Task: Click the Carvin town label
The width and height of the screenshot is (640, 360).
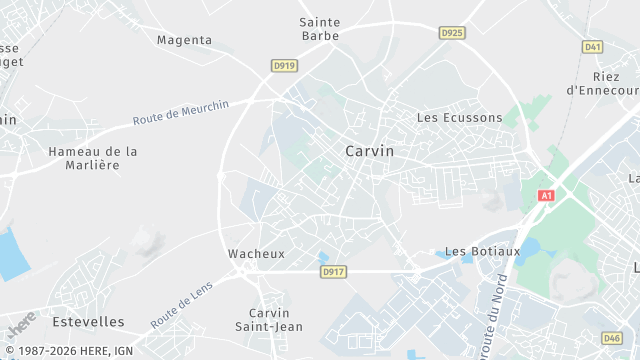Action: pyautogui.click(x=368, y=151)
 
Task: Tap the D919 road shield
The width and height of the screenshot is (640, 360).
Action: pyautogui.click(x=284, y=66)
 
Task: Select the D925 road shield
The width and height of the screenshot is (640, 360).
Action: pyautogui.click(x=452, y=33)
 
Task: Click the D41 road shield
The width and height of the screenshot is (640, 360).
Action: pyautogui.click(x=593, y=47)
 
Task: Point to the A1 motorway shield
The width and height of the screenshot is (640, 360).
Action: pyautogui.click(x=546, y=196)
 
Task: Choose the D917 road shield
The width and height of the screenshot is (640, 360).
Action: pyautogui.click(x=333, y=271)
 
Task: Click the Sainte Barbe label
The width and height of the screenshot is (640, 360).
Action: pyautogui.click(x=320, y=29)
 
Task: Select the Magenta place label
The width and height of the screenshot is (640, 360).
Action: pyautogui.click(x=185, y=40)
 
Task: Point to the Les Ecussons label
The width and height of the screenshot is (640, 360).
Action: pyautogui.click(x=459, y=118)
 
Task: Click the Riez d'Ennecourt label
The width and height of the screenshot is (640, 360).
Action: pyautogui.click(x=605, y=83)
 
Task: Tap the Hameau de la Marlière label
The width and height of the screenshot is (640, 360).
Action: pyautogui.click(x=93, y=158)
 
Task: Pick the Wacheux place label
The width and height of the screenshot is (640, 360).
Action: pyautogui.click(x=256, y=254)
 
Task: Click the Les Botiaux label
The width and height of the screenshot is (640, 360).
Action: pyautogui.click(x=482, y=251)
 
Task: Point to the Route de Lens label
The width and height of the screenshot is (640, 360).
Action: pyautogui.click(x=183, y=305)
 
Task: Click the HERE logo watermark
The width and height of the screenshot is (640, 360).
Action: pyautogui.click(x=21, y=324)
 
